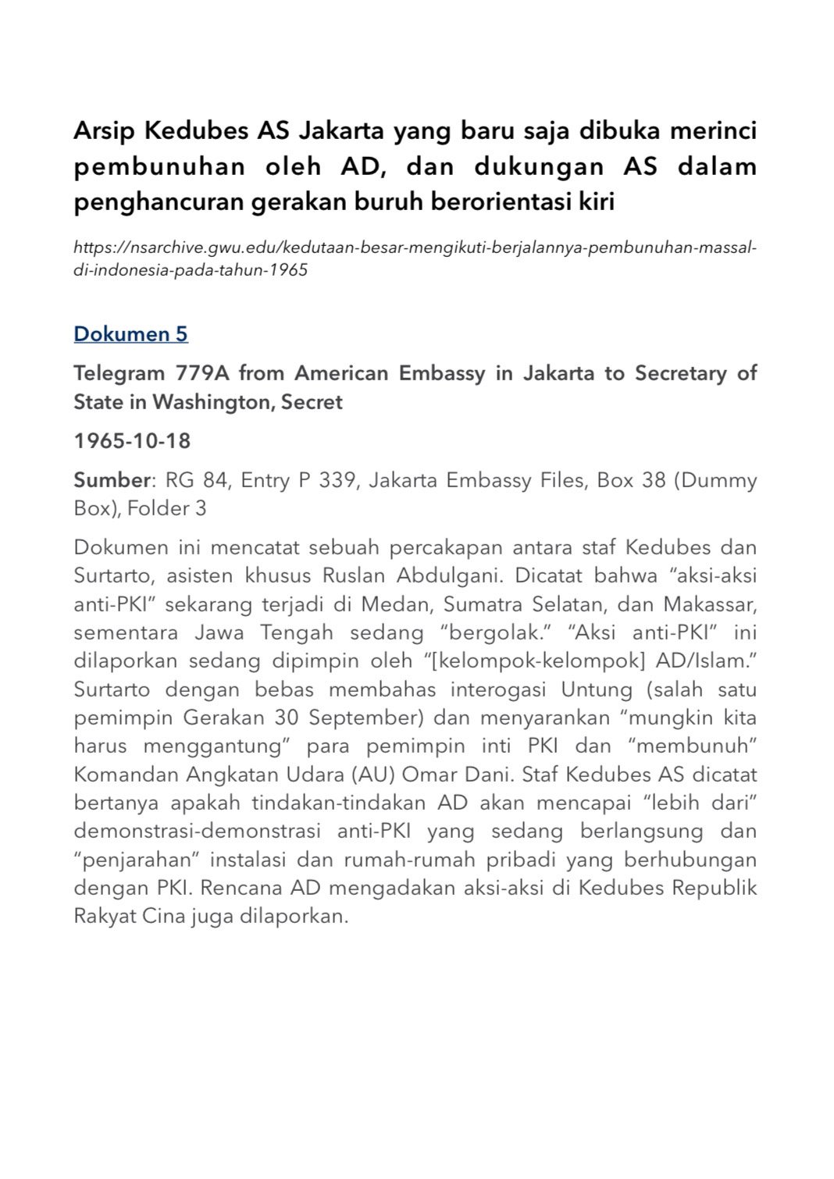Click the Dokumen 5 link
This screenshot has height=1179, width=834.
click(130, 334)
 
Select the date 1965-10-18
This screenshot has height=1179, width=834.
click(132, 441)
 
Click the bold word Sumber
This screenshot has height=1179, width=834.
click(111, 479)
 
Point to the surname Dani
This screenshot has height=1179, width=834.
click(486, 775)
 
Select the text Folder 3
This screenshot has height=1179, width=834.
click(167, 508)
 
